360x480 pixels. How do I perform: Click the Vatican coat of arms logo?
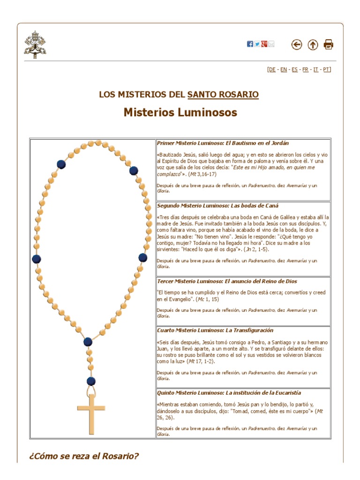tap(36, 45)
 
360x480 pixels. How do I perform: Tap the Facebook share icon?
tap(250, 44)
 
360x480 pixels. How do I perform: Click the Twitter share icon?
tap(257, 44)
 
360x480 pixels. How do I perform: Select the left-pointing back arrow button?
tap(296, 45)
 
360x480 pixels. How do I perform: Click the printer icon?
tap(329, 45)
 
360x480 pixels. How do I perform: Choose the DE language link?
tap(272, 69)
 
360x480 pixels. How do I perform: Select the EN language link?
tap(284, 69)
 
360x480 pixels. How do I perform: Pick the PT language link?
tap(326, 69)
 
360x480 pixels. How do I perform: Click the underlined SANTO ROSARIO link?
tap(223, 95)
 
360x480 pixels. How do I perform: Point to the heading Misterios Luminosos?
tap(180, 112)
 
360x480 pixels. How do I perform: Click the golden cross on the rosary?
tap(91, 412)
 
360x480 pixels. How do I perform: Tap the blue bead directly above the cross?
tap(91, 381)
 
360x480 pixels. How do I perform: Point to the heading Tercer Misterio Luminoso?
tap(227, 281)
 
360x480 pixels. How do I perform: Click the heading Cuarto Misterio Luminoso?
tap(215, 330)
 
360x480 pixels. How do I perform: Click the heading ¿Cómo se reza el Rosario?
tap(84, 456)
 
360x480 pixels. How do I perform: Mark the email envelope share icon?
tap(271, 44)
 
